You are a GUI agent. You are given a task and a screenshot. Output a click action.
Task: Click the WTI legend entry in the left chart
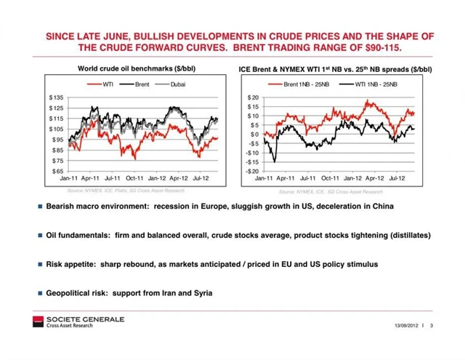[105, 85]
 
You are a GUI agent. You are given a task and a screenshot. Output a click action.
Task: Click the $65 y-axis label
[57, 171]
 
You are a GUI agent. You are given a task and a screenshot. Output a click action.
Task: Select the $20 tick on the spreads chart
[254, 97]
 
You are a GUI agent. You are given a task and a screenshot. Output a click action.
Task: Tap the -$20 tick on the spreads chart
[252, 171]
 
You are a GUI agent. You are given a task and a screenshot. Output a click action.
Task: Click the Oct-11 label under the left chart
[135, 177]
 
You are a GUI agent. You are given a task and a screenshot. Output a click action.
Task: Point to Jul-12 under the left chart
[202, 177]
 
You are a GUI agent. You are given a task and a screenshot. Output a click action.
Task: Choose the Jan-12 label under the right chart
[352, 177]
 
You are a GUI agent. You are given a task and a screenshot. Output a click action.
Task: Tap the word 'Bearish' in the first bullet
[61, 207]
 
